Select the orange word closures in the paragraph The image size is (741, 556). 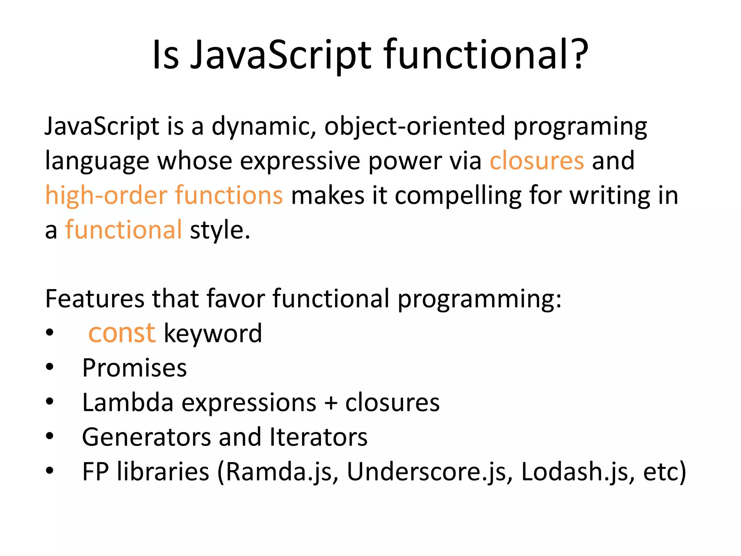pos(537,160)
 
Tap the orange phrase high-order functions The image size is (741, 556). pos(164,195)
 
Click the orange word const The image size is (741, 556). pos(122,333)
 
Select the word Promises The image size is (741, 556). pos(134,368)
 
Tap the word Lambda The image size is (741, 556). pos(127,402)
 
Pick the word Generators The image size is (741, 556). pos(146,437)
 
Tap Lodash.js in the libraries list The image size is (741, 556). pos(575,472)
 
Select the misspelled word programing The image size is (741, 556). pos(580,127)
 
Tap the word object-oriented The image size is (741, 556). pos(414,127)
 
